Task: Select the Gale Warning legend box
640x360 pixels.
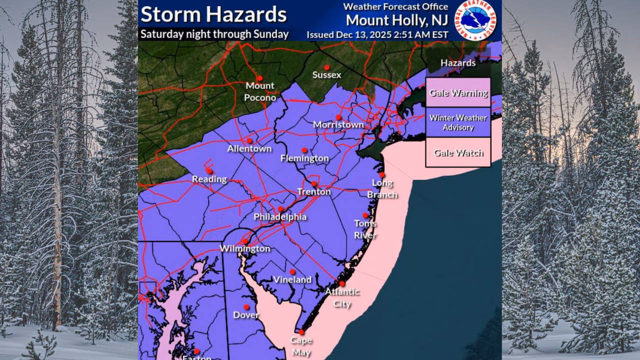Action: pyautogui.click(x=458, y=93)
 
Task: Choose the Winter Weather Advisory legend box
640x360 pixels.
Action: pyautogui.click(x=458, y=122)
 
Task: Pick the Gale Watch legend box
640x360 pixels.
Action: pyautogui.click(x=458, y=152)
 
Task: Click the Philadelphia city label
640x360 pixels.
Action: pyautogui.click(x=280, y=217)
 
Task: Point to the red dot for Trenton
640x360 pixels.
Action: pyautogui.click(x=313, y=183)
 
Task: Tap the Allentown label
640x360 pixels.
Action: pyautogui.click(x=249, y=148)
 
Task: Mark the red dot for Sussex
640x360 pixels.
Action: pyautogui.click(x=326, y=67)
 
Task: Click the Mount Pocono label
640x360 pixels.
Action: pyautogui.click(x=259, y=91)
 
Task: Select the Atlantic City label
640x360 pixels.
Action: pyautogui.click(x=342, y=297)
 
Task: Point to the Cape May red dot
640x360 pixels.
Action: pyautogui.click(x=301, y=332)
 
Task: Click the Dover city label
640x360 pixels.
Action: pyautogui.click(x=246, y=315)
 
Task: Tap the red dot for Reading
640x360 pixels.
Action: pyautogui.click(x=209, y=170)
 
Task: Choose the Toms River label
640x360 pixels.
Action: pyautogui.click(x=365, y=229)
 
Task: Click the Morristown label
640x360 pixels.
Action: pyautogui.click(x=338, y=124)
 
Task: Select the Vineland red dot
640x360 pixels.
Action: pyautogui.click(x=292, y=271)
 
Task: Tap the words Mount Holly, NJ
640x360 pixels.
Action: pyautogui.click(x=397, y=20)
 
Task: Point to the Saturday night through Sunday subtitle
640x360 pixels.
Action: pyautogui.click(x=214, y=34)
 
